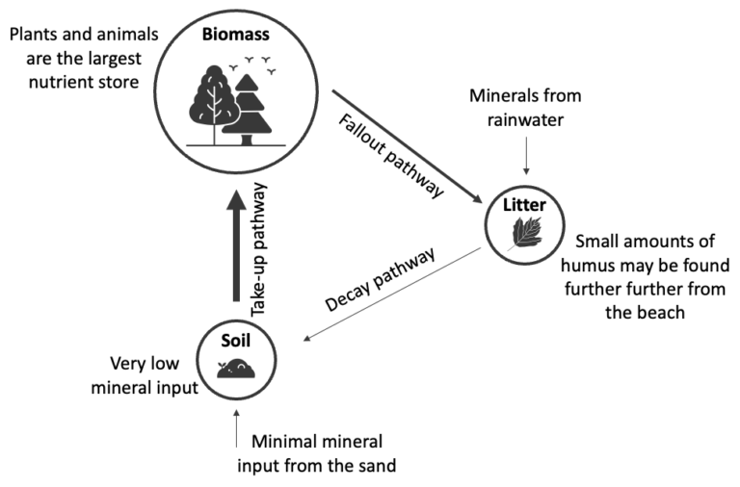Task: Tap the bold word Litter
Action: tap(523, 205)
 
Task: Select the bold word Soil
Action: tap(238, 340)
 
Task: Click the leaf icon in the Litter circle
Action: tap(523, 234)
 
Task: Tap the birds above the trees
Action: tap(258, 64)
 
